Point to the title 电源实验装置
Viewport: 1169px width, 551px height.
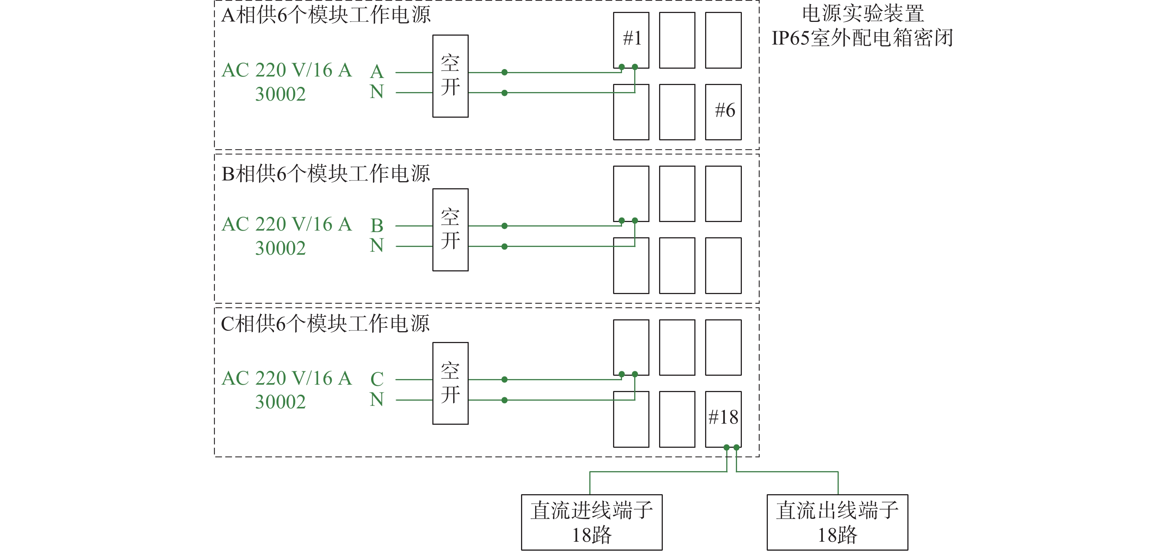tap(863, 14)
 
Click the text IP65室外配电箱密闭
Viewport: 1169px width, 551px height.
tap(862, 38)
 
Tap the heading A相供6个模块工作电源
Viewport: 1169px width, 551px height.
tap(326, 14)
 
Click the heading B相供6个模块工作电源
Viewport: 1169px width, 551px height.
tap(326, 173)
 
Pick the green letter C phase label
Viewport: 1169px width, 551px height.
tap(377, 379)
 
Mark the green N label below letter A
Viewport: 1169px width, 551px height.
tap(377, 92)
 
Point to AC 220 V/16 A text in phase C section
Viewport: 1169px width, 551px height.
tap(287, 378)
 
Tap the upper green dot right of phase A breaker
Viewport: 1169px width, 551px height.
tap(504, 72)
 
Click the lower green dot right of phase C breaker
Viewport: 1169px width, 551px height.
tap(504, 400)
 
